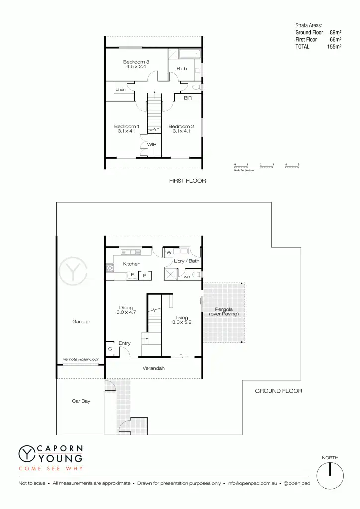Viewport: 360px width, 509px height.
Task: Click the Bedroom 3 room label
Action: pos(136,62)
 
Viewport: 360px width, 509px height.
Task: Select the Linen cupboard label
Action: pos(120,89)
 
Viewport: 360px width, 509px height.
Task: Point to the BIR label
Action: pos(188,98)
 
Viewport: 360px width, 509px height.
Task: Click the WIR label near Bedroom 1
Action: pos(152,145)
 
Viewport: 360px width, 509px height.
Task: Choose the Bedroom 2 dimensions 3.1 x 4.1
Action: pos(181,131)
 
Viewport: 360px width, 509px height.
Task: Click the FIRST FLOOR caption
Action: pos(187,181)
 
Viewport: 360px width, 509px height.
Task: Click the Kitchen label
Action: pos(132,264)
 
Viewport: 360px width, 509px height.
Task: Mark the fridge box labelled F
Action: pos(132,275)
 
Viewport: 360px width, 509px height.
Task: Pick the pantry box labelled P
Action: pos(145,275)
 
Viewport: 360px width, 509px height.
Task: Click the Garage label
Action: pos(81,322)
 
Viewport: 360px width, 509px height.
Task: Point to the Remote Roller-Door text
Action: pos(81,359)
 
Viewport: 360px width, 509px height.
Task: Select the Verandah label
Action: pos(154,368)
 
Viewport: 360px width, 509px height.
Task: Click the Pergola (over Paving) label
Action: pos(224,312)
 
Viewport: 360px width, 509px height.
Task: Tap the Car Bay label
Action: pos(81,401)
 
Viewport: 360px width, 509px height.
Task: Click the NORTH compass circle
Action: pos(330,476)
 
